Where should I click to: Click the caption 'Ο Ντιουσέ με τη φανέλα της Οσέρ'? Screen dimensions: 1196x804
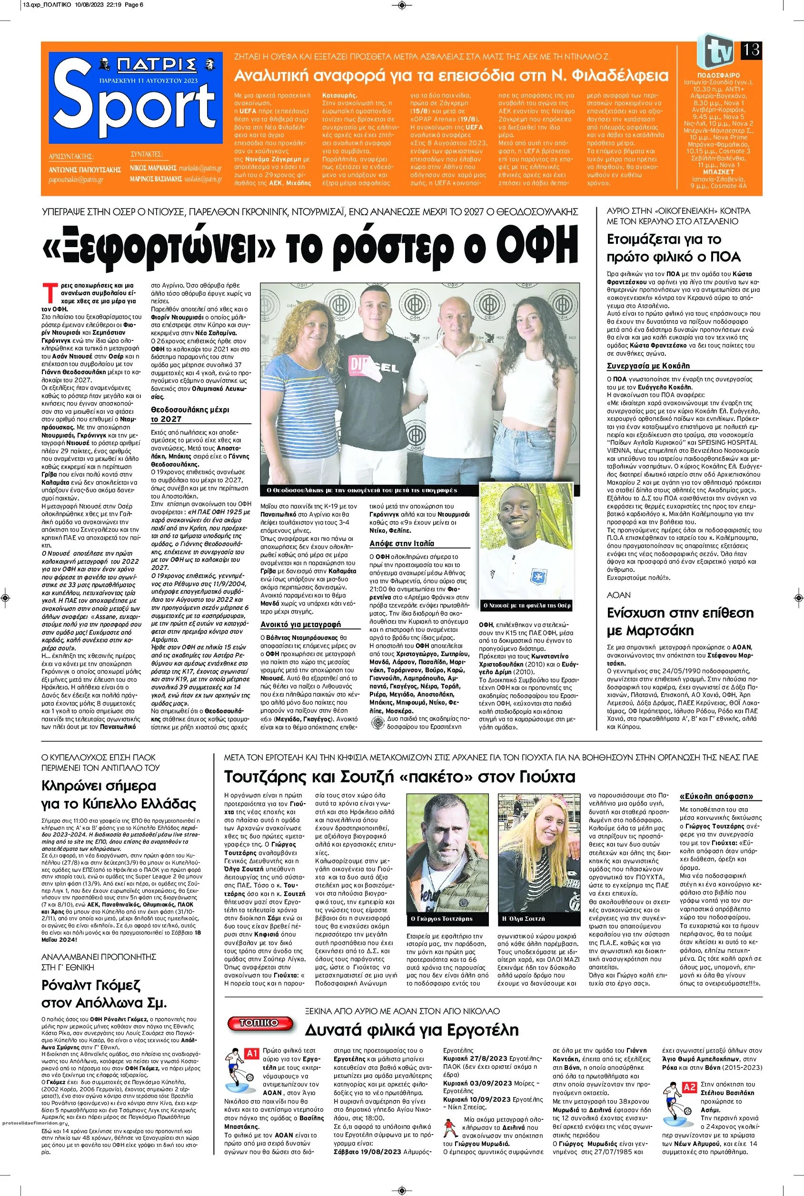[x=527, y=605]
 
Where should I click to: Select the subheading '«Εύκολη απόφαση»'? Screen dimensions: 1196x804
[x=716, y=797]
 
